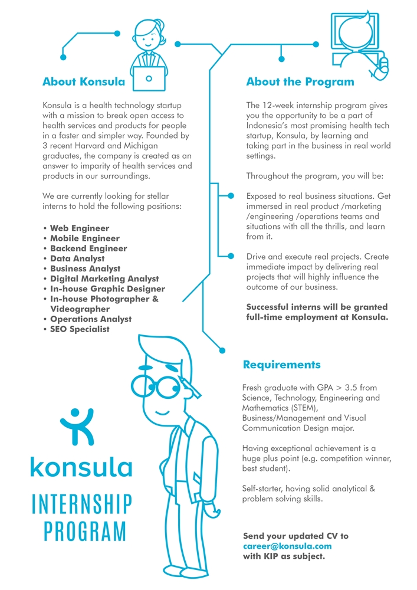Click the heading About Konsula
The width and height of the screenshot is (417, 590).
point(84,81)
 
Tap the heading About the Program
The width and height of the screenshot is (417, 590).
point(300,81)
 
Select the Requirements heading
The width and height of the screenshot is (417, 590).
point(282,364)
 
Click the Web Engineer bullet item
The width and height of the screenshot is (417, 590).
point(79,228)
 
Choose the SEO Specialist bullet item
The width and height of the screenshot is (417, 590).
point(80,329)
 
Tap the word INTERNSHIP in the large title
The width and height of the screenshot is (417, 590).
point(81,504)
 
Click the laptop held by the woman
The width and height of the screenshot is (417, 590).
point(149,78)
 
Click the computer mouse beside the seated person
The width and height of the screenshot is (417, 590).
point(383,64)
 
